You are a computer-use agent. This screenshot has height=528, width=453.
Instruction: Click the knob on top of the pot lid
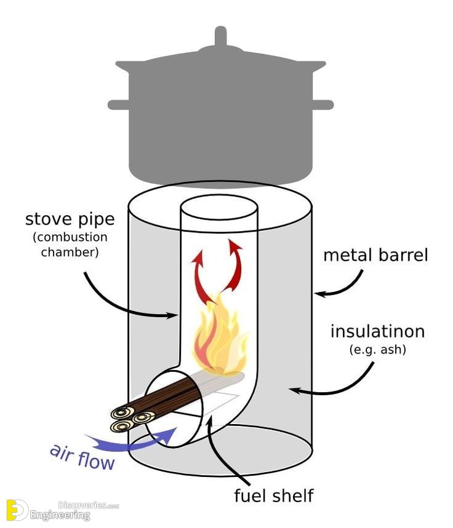click(220, 36)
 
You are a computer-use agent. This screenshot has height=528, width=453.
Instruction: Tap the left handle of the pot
click(118, 104)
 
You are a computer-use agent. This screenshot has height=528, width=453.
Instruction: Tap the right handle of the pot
click(323, 104)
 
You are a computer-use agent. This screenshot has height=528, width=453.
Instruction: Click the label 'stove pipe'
click(70, 219)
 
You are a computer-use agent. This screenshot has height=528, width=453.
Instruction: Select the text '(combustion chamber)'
click(70, 245)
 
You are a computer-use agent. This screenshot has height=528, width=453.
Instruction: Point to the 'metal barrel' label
click(375, 255)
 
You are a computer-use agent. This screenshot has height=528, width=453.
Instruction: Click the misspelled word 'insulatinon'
click(377, 331)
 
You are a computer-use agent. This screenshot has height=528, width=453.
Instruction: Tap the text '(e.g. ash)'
click(377, 350)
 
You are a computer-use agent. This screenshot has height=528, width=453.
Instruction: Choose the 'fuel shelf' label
click(274, 495)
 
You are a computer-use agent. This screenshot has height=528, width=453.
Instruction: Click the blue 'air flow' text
click(82, 458)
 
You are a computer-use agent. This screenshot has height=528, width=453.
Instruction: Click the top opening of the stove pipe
click(219, 208)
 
